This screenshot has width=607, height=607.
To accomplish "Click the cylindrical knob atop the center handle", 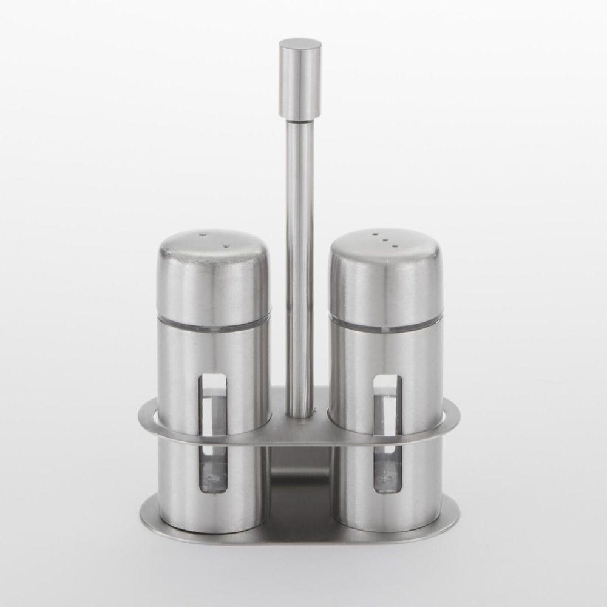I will (x=300, y=78).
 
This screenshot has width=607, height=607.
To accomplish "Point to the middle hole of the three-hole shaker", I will (x=384, y=240).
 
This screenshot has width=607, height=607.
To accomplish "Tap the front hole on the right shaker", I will (x=395, y=246).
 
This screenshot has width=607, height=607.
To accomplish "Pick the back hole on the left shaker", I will (x=203, y=234).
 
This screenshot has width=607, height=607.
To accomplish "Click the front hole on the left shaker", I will (x=226, y=246).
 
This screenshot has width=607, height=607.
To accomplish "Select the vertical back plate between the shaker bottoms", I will (x=300, y=480).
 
